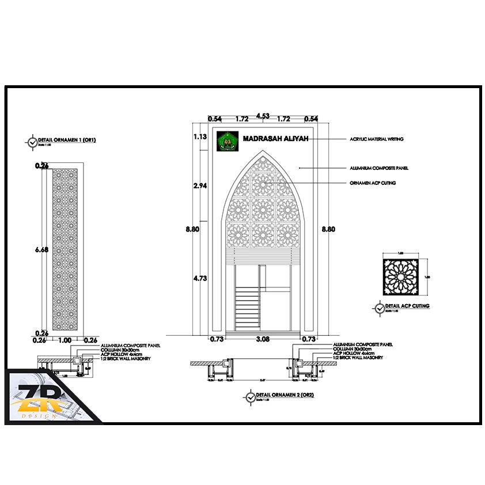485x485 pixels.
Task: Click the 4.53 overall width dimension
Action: [x=263, y=116]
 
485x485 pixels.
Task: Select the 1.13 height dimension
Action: [x=200, y=137]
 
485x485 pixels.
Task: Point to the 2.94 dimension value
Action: [x=200, y=185]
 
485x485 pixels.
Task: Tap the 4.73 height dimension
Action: [x=200, y=278]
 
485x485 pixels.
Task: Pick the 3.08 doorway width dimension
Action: [x=263, y=339]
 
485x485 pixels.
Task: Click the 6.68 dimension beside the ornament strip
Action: [x=41, y=250]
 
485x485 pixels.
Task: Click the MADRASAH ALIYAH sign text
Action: [x=275, y=139]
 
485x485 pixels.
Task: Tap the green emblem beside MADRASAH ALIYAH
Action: [x=227, y=141]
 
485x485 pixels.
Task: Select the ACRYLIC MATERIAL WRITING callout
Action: [x=376, y=139]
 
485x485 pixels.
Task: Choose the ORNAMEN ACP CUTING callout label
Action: [x=373, y=183]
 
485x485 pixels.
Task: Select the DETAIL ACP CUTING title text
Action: [x=407, y=306]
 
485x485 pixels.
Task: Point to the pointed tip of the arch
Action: [x=262, y=151]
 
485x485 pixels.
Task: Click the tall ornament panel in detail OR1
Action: [x=65, y=250]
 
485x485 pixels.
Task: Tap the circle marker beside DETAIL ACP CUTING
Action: [x=379, y=308]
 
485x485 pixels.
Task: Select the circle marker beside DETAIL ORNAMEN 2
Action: [x=250, y=397]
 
